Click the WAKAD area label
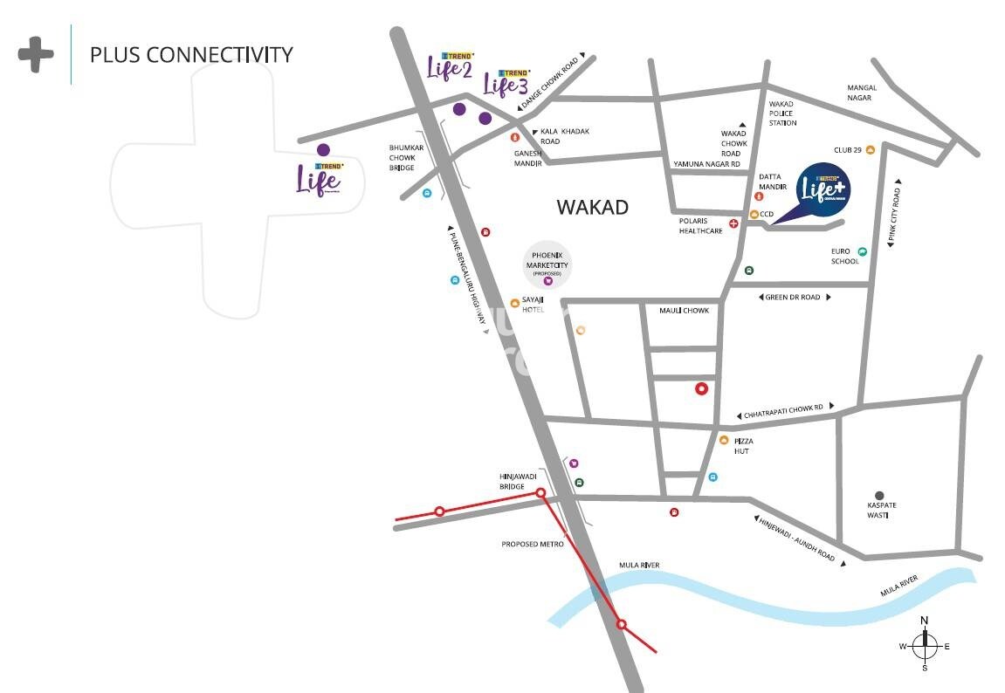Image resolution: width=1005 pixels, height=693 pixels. coord(592,207)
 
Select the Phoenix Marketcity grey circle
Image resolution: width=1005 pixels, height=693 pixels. coord(547,267)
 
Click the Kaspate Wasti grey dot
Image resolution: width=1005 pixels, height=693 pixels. coord(879,495)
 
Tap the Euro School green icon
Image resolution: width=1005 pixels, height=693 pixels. coord(862,251)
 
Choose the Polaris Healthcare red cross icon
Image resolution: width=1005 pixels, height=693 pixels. coord(733,223)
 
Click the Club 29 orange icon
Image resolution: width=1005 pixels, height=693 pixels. coord(870,150)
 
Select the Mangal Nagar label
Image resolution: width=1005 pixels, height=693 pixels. coord(862,93)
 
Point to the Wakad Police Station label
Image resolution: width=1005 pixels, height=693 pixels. coord(782,113)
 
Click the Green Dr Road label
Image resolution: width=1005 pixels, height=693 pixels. coord(793,298)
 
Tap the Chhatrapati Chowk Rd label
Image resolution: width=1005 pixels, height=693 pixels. coord(785,408)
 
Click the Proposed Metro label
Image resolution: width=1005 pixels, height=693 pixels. coord(533,544)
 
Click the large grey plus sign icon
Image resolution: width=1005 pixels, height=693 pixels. coord(36,54)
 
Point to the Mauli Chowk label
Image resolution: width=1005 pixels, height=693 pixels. coord(685,311)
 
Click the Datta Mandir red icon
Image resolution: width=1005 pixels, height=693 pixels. coord(757,196)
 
